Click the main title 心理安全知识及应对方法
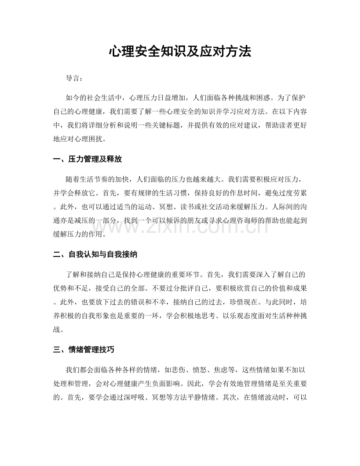tap(180, 52)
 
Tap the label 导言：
tap(74, 78)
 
